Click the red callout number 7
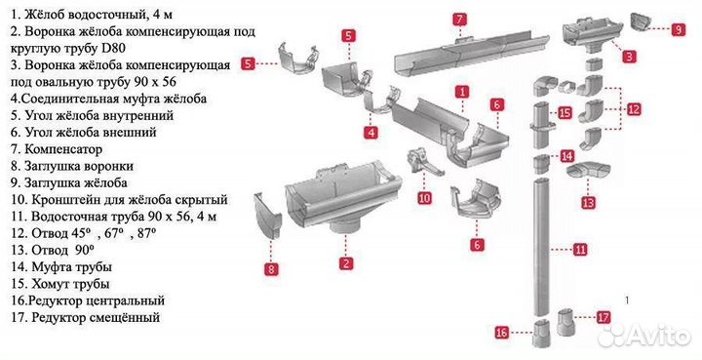(459, 20)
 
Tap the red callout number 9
(679, 29)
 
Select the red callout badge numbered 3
(629, 57)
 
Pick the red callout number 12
(634, 109)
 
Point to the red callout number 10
(424, 197)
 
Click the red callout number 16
(502, 333)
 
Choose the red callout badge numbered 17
(604, 317)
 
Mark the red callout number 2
(346, 263)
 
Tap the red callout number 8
(271, 269)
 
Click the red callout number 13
(588, 202)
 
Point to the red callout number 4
(370, 132)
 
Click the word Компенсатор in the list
(63, 149)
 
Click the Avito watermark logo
(644, 335)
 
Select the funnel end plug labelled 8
(268, 217)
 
